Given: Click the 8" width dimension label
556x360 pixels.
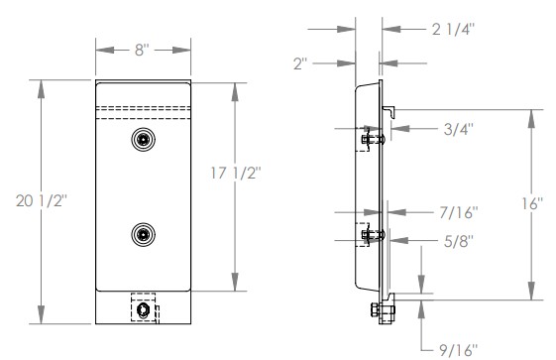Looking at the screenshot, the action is [142, 50].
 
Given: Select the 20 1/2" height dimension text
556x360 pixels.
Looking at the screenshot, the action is [42, 200].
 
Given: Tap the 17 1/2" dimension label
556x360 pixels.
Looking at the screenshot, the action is [236, 174].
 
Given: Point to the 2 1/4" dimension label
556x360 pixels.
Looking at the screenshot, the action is [453, 29].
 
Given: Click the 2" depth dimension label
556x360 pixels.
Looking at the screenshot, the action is [300, 63].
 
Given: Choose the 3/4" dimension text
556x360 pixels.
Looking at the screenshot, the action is [458, 129].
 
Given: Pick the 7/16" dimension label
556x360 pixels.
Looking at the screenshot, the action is [459, 213].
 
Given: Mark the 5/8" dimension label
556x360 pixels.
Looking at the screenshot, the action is [459, 242].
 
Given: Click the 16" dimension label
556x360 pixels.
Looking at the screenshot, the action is [532, 203].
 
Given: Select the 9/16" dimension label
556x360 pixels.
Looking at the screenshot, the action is [459, 350].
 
